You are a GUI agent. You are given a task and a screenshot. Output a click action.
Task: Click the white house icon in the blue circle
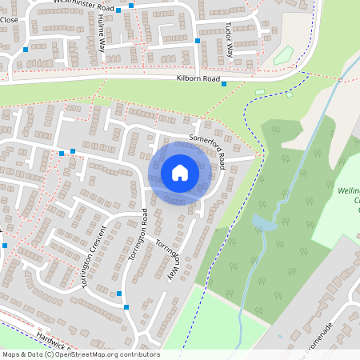180,173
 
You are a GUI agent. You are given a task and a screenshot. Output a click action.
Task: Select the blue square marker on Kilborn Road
224,84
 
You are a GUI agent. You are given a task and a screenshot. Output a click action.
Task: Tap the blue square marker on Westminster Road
118,10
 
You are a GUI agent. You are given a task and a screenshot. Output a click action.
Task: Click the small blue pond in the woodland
263,223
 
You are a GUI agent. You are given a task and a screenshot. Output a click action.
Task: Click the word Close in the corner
10,18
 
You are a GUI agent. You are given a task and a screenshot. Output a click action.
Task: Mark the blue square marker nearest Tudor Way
198,39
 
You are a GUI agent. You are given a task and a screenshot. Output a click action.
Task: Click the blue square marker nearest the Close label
26,49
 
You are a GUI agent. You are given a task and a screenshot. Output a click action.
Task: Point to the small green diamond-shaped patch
282,56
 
